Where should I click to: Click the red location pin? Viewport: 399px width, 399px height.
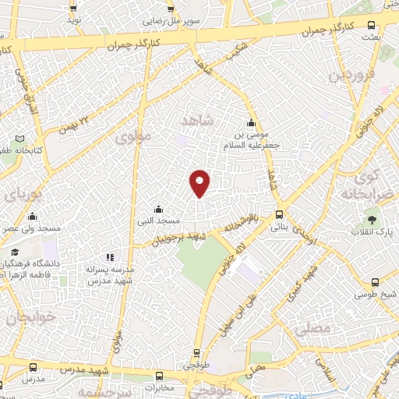[200, 182]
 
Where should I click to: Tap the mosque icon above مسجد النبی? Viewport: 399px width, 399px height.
[159, 209]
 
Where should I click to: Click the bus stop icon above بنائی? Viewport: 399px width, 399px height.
[279, 215]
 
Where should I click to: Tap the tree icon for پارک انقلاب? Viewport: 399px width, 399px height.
[373, 219]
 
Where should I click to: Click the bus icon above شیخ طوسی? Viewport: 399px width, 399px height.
[376, 283]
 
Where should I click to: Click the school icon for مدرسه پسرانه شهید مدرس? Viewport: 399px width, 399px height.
[111, 256]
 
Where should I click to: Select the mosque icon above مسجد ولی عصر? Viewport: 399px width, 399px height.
[31, 217]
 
